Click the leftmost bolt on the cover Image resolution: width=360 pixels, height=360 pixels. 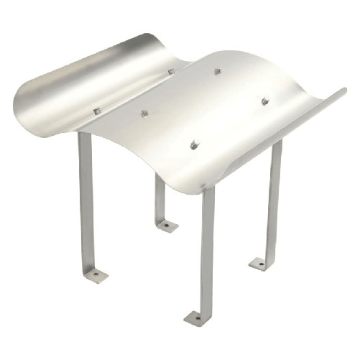click(98, 111)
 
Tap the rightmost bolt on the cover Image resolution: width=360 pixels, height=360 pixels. click(265, 101)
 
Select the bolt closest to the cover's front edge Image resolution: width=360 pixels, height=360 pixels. click(193, 146)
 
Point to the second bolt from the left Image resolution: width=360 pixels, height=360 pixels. click(144, 114)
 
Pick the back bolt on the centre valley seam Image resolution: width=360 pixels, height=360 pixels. click(172, 71)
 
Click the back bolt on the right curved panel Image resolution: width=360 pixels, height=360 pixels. click(217, 71)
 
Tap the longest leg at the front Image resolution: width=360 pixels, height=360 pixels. click(207, 244)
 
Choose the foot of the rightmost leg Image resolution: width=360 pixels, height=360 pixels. click(261, 264)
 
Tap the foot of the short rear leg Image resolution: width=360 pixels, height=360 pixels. click(167, 226)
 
